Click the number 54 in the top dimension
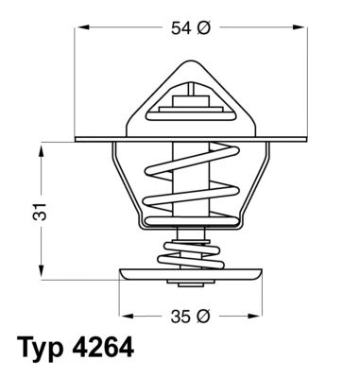click(x=180, y=28)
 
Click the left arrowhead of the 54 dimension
click(x=79, y=29)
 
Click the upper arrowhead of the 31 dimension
click(x=43, y=146)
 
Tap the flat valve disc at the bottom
click(x=191, y=276)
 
